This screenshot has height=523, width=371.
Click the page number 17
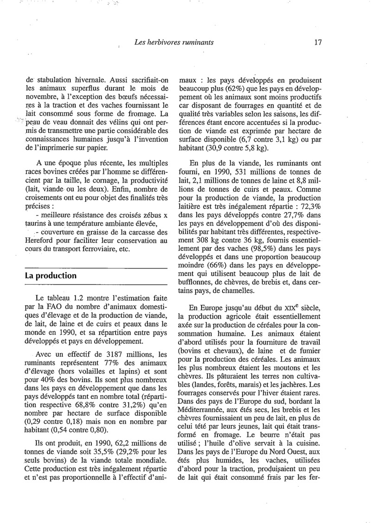click(318, 42)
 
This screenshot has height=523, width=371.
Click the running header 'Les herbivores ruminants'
click(173, 42)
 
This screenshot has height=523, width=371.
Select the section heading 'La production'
click(51, 275)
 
